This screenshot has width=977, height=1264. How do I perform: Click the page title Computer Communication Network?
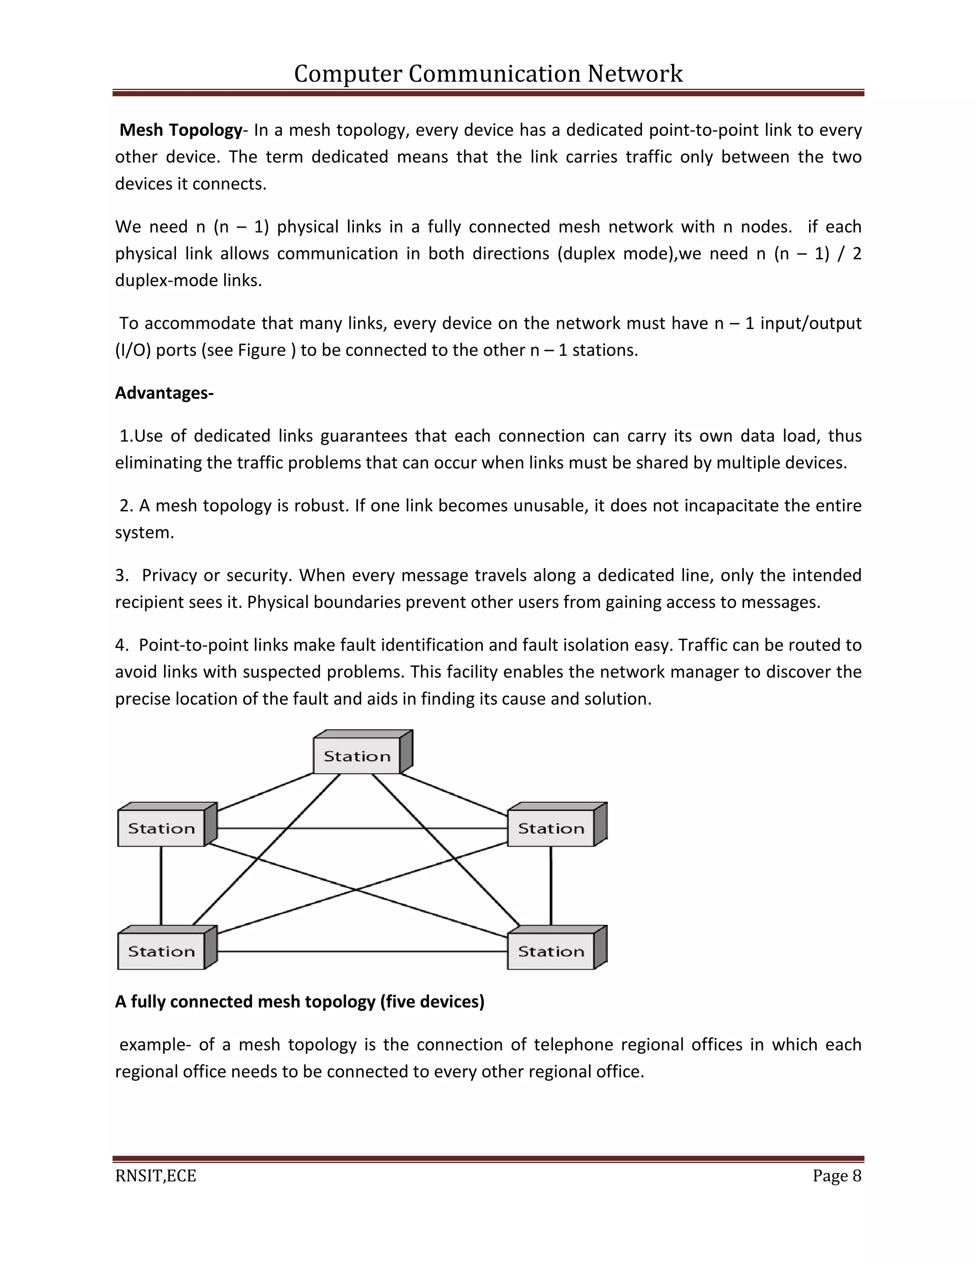pyautogui.click(x=488, y=74)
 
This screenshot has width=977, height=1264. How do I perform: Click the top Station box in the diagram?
pyautogui.click(x=357, y=756)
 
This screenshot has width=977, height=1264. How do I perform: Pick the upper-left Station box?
pyautogui.click(x=162, y=828)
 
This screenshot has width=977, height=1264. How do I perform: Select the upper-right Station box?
pyautogui.click(x=551, y=828)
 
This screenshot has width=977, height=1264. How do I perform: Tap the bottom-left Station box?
pyautogui.click(x=162, y=952)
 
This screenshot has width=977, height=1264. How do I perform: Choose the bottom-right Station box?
pyautogui.click(x=551, y=952)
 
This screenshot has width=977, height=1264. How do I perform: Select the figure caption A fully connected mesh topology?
pyautogui.click(x=299, y=1002)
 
